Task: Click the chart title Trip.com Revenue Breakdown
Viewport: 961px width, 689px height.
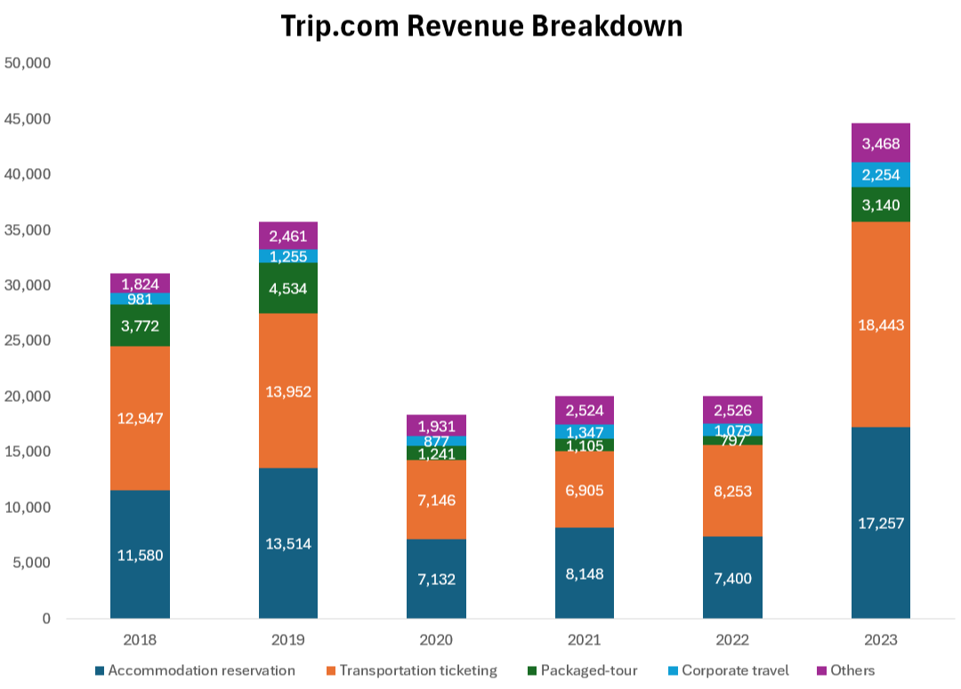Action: click(481, 26)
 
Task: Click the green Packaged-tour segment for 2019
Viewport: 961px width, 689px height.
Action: click(288, 288)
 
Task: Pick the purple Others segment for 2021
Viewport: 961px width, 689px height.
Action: click(584, 410)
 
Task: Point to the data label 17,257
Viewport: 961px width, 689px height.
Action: click(880, 523)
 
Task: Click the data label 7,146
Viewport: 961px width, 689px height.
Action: click(436, 501)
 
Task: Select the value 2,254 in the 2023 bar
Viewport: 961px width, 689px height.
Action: click(880, 175)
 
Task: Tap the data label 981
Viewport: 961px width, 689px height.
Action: click(140, 299)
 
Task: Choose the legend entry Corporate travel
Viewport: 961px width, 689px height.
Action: click(734, 670)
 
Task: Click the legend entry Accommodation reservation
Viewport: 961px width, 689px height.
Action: click(201, 670)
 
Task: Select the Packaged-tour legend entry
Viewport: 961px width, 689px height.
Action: click(588, 670)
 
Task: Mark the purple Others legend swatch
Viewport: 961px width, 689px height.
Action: click(821, 670)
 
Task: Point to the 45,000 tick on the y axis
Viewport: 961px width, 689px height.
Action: click(28, 119)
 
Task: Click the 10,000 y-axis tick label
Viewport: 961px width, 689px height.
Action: click(28, 508)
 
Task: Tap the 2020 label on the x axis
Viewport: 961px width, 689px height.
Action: click(436, 640)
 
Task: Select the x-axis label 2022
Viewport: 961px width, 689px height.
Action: click(732, 640)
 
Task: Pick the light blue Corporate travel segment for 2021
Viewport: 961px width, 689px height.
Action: click(584, 431)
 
